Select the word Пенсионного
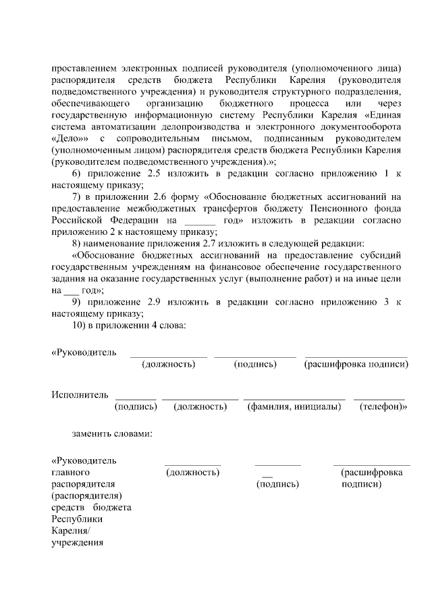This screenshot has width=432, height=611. [x=350, y=208]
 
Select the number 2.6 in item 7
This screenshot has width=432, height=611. [x=166, y=196]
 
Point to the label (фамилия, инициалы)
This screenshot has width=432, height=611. [x=294, y=407]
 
